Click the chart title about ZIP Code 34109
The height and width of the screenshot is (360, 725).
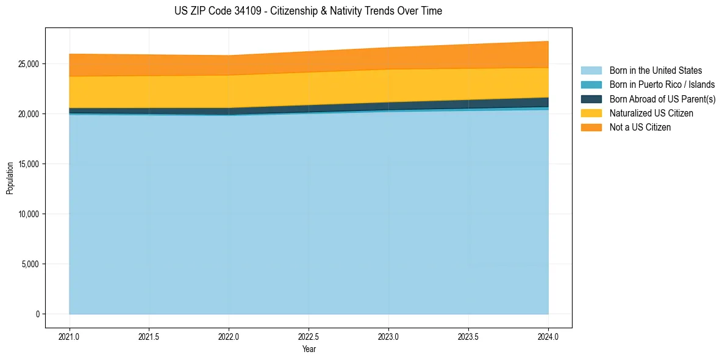308,11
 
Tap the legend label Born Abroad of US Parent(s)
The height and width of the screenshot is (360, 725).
662,99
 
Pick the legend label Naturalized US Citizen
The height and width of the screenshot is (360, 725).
651,113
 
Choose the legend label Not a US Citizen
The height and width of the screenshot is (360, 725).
640,127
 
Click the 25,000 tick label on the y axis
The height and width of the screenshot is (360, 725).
28,64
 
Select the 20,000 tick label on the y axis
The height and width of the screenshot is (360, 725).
28,114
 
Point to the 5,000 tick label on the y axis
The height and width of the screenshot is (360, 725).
30,264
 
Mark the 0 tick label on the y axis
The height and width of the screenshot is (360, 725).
37,314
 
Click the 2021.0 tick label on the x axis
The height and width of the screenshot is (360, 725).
70,336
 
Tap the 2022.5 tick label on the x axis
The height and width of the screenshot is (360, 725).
309,336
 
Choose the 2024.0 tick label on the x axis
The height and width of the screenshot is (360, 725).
548,336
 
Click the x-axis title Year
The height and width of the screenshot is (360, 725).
309,349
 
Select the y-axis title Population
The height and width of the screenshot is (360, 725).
10,178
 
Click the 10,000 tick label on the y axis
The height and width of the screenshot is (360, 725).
28,214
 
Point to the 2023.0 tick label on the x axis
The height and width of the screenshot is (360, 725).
388,336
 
